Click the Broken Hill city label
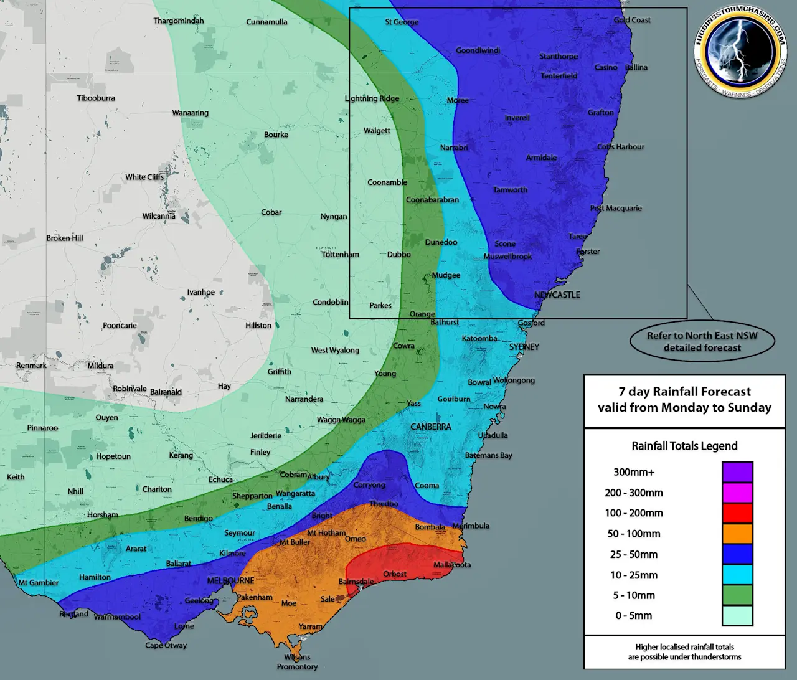tap(64, 238)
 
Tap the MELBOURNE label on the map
tap(230, 580)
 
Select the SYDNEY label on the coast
tap(524, 347)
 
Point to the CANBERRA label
tap(430, 427)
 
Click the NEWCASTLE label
tap(557, 295)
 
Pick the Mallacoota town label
tap(452, 565)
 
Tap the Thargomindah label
tap(179, 21)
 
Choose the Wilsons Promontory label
tap(297, 662)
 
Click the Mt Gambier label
tap(38, 583)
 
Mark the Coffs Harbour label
tap(621, 147)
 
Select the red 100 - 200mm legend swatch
tap(737, 513)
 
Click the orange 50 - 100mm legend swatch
tap(737, 534)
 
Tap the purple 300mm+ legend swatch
tap(737, 472)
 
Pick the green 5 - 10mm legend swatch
tap(737, 595)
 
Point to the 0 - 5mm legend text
tap(634, 615)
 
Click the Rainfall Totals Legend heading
tap(684, 446)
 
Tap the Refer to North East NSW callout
tap(702, 341)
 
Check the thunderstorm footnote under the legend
tap(684, 652)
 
